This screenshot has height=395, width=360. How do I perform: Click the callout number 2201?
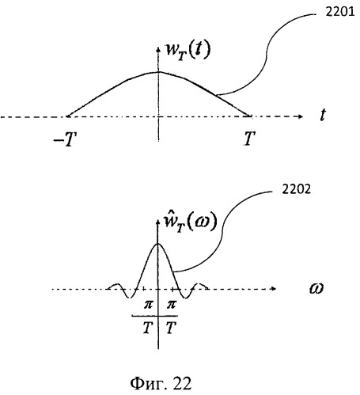tap(340, 12)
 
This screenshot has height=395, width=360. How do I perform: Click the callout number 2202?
tap(296, 189)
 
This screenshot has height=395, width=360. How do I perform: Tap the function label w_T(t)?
tap(188, 51)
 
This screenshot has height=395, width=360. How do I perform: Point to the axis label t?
tap(323, 115)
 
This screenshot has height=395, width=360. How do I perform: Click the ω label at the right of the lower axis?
tap(316, 288)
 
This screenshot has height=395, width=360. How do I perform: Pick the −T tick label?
tap(65, 139)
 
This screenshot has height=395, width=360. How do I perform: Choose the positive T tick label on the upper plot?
tap(249, 139)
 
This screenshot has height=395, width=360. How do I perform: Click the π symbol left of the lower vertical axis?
tap(148, 305)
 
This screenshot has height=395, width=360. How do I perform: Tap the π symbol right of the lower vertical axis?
tap(171, 305)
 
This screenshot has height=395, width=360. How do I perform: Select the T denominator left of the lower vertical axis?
tap(148, 328)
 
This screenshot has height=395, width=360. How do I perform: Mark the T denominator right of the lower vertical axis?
tap(171, 328)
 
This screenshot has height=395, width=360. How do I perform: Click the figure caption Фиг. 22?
tap(161, 383)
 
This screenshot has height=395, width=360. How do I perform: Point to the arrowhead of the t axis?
tap(301, 116)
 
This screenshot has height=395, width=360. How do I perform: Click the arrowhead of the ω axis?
tap(274, 289)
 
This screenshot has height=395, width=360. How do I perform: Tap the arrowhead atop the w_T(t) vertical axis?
tap(158, 49)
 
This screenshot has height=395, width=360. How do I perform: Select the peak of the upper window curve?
tap(158, 72)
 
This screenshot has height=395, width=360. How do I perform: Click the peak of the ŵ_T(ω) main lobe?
tap(157, 243)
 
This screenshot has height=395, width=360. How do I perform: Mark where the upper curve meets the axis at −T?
tap(67, 116)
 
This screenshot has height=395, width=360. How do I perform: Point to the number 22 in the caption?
tap(183, 383)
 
